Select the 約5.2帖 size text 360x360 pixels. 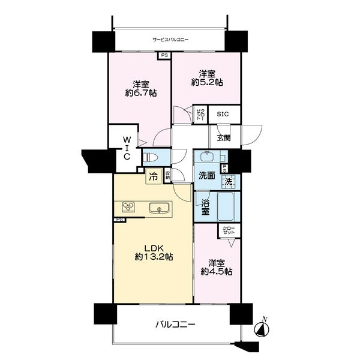click(x=207, y=82)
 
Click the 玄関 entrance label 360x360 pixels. click(x=224, y=137)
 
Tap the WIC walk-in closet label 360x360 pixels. click(x=127, y=148)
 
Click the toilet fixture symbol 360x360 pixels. click(x=151, y=158)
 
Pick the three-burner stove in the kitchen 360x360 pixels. click(x=128, y=208)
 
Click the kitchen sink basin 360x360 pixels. click(x=160, y=209)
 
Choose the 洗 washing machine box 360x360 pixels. click(x=228, y=181)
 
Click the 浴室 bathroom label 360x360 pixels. click(x=205, y=208)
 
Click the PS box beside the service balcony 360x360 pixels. click(x=164, y=56)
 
